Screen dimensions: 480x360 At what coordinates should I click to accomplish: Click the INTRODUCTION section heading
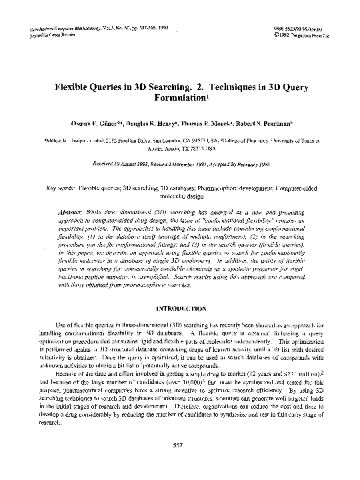(x=179, y=309)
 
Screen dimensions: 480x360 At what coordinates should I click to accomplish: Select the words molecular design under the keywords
(x=179, y=197)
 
